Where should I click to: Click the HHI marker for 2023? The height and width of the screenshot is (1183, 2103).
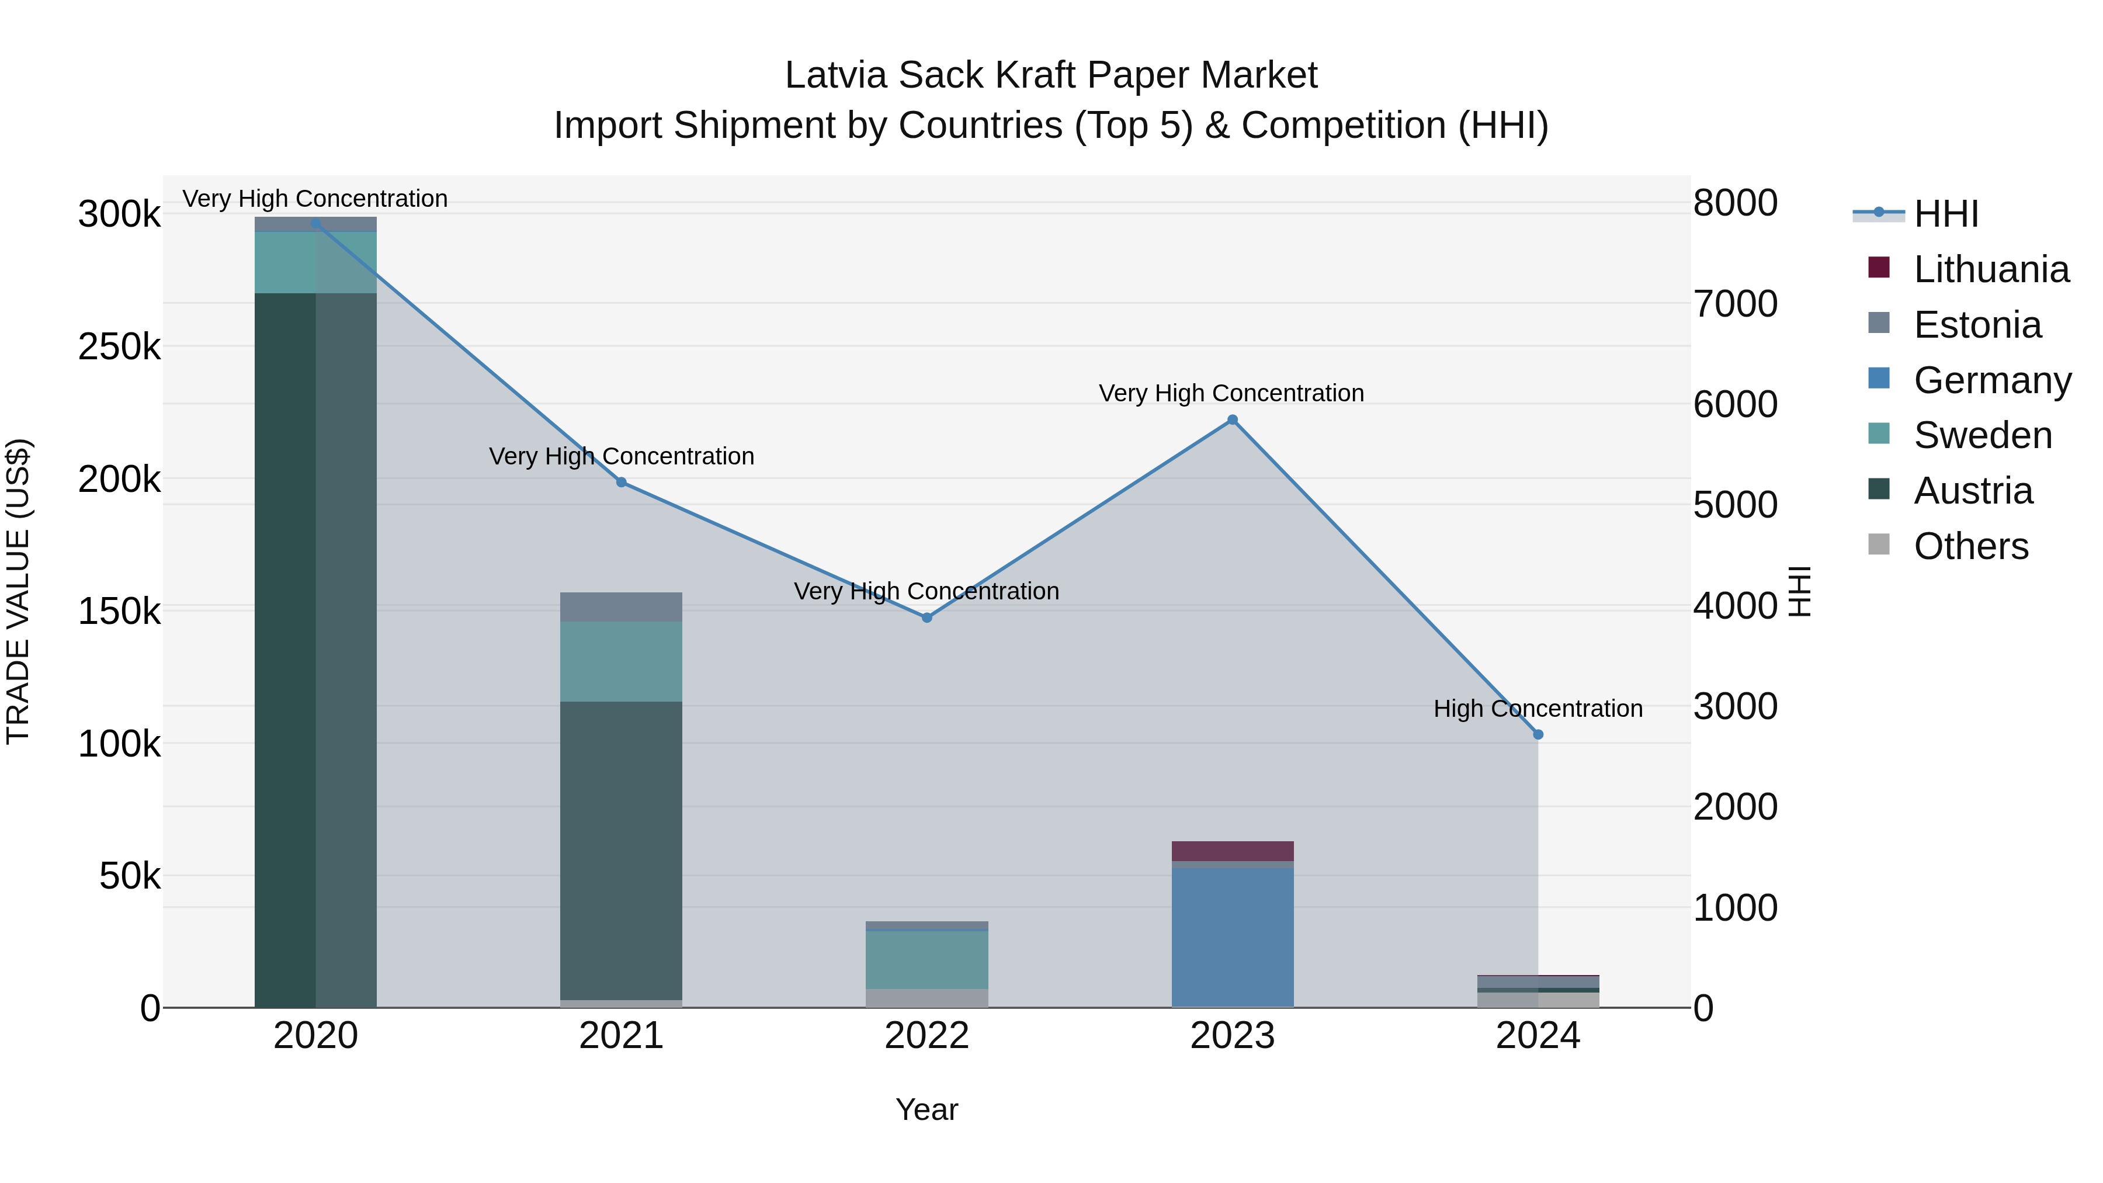(x=1232, y=421)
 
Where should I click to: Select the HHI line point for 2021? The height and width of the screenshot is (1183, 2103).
(x=622, y=483)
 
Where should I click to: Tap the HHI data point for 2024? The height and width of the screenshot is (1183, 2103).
(x=1538, y=735)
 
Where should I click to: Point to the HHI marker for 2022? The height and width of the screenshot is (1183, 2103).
(x=926, y=618)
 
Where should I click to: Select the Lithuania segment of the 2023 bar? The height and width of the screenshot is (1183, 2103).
(x=1232, y=851)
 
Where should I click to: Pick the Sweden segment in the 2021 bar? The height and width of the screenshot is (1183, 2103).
(x=622, y=661)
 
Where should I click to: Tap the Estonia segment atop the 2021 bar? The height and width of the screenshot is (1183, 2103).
(x=622, y=606)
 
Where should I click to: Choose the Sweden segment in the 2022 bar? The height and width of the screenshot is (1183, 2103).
(x=926, y=960)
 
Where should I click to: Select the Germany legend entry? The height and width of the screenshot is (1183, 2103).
(x=1992, y=380)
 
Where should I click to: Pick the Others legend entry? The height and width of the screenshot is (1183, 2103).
(x=1971, y=546)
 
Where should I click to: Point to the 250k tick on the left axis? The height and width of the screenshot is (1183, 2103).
(x=119, y=348)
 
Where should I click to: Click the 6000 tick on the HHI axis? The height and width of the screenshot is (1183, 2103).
(x=1735, y=404)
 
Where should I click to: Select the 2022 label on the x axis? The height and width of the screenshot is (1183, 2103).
(x=926, y=1036)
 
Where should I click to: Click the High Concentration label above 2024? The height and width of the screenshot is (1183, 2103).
(x=1538, y=709)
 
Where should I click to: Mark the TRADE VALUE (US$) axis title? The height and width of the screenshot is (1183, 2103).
(x=19, y=591)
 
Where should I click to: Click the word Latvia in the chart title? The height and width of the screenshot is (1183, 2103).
(x=836, y=76)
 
